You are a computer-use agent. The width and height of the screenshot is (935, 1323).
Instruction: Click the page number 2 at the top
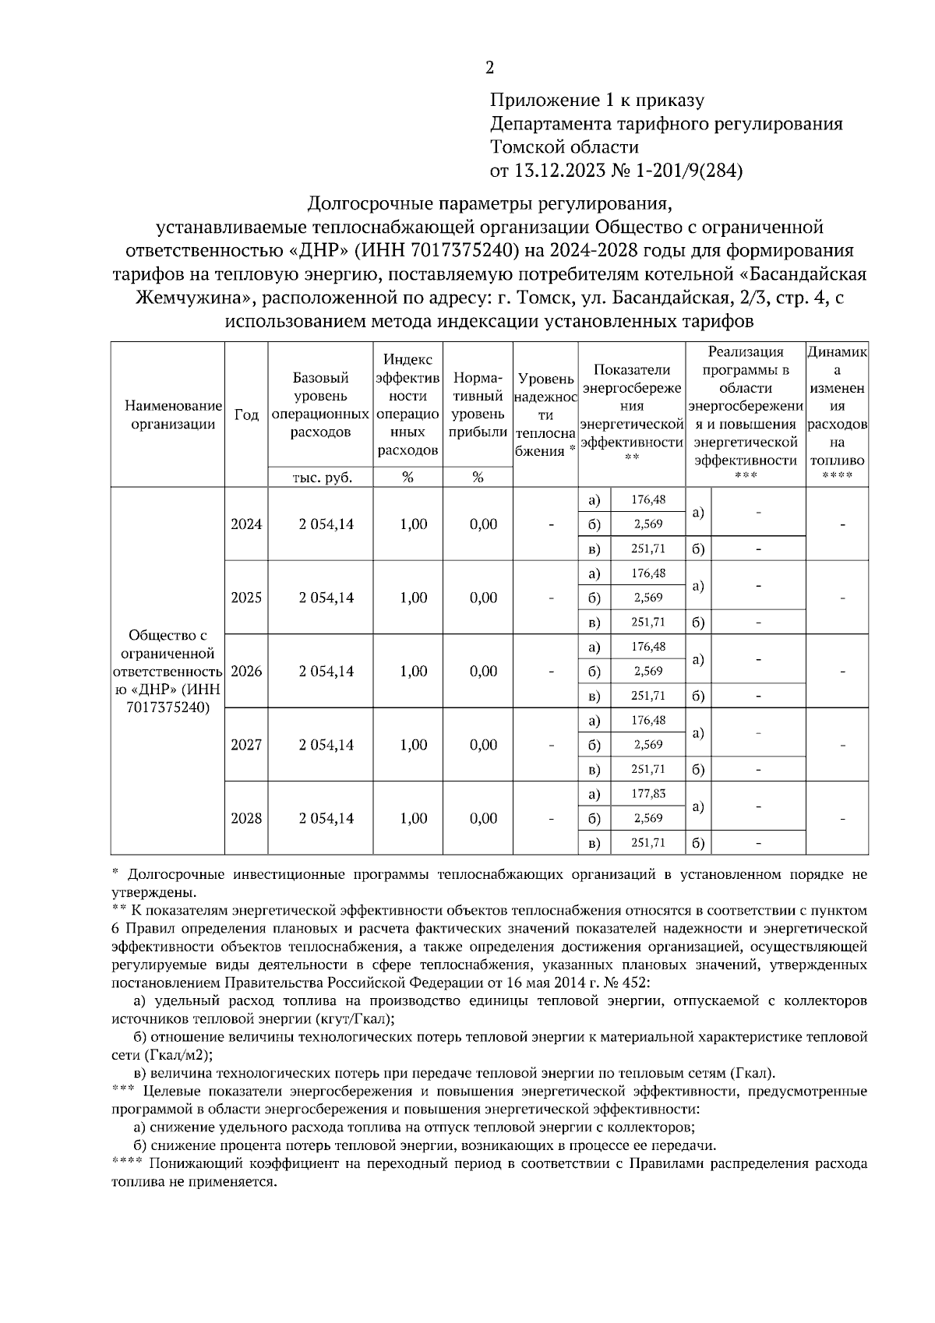click(x=489, y=68)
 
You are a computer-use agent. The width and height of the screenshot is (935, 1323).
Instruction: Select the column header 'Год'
click(x=246, y=415)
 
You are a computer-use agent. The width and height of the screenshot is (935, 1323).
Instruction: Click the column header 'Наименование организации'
click(x=168, y=415)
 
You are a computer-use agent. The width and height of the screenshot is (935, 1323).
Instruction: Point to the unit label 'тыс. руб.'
click(x=321, y=478)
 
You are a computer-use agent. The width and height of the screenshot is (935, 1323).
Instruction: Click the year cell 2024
click(x=246, y=524)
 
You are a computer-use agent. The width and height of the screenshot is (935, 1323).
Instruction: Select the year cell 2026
click(x=246, y=671)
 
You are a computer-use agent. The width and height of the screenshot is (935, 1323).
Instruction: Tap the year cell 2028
click(x=246, y=818)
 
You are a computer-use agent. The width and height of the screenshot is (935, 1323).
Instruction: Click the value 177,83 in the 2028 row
click(x=647, y=793)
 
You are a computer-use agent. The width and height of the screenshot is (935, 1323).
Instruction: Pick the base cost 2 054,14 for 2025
click(x=326, y=598)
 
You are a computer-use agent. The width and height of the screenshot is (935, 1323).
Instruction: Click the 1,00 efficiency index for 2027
click(x=413, y=745)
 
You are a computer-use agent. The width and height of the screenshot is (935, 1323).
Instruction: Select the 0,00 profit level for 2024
click(x=483, y=524)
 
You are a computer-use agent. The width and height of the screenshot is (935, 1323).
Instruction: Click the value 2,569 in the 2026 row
click(x=647, y=671)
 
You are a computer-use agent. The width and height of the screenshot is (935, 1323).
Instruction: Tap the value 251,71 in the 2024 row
click(x=647, y=549)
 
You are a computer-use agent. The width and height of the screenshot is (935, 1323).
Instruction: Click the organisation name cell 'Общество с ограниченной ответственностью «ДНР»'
click(x=168, y=671)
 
